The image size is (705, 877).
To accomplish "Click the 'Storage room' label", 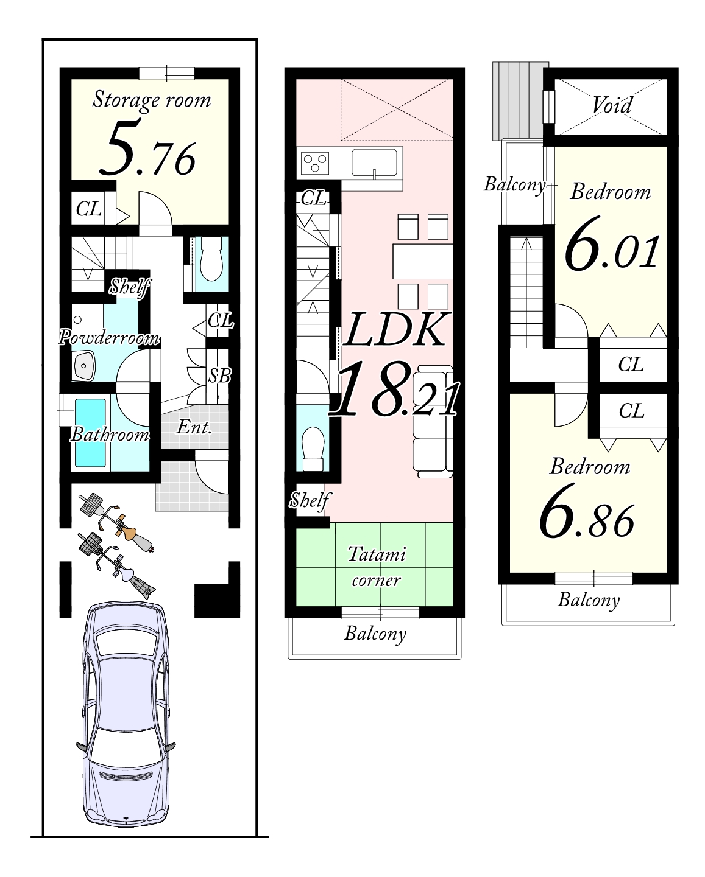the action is point(151,100).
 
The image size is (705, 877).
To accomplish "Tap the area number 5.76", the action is point(147,148).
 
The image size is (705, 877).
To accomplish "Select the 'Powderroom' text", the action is point(109,338).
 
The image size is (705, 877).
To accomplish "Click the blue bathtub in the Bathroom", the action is point(90,433).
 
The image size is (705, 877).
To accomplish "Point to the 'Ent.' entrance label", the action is point(194,427).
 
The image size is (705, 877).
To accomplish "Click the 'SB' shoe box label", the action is point(219,376).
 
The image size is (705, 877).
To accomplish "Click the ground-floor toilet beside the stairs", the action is point(211,259).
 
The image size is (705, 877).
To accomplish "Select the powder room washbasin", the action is point(83,366).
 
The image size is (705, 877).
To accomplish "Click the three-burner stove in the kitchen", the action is point(315,163).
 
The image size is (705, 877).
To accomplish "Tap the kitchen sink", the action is point(375,162).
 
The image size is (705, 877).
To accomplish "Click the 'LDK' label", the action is point(395,329).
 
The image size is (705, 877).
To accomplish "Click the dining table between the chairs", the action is point(423,261).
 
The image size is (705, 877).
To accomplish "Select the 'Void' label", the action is point(612,105).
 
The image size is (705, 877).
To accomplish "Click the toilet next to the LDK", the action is point(313,449).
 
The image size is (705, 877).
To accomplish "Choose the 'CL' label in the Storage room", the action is point(88,209).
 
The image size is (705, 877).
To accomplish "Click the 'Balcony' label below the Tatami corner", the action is point(375,633).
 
